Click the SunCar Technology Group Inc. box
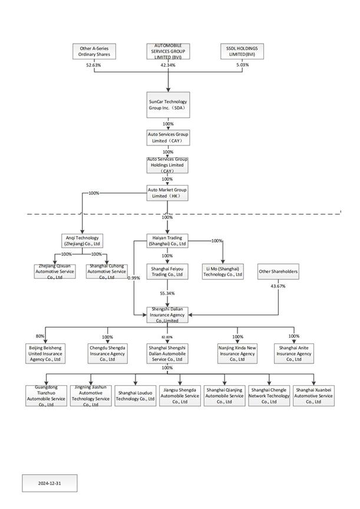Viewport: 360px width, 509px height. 168,105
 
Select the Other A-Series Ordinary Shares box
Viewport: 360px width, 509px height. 94,51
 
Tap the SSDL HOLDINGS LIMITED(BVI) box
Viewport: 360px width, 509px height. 242,51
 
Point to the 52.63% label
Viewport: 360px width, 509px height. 94,65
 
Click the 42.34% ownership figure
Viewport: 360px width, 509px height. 168,65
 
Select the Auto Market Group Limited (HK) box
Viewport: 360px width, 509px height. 168,193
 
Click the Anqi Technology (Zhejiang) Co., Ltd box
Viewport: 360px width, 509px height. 82,240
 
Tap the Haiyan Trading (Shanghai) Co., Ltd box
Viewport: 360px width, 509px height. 168,240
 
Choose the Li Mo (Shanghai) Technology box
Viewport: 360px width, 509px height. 223,272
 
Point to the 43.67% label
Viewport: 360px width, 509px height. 278,286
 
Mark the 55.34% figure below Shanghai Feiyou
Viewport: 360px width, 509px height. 168,293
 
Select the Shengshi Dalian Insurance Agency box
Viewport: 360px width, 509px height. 168,315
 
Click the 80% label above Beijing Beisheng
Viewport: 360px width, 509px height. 40,336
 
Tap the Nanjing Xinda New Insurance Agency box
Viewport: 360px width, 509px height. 238,353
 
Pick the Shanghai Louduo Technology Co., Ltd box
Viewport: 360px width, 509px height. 136,395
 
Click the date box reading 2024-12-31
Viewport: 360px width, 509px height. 49,483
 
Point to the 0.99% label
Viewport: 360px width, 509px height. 134,278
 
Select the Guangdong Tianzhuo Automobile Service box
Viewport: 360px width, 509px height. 46,395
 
